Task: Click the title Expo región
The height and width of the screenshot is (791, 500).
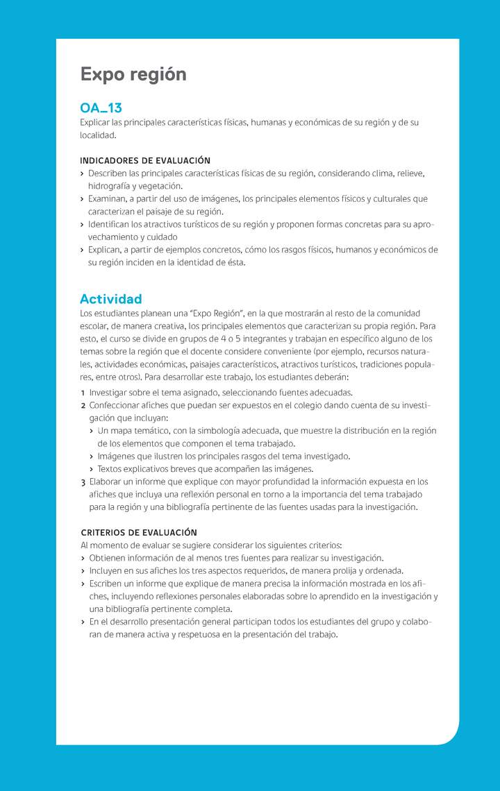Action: (133, 74)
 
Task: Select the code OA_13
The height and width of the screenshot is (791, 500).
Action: (101, 108)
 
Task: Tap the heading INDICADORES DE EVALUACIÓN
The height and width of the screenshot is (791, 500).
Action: (145, 160)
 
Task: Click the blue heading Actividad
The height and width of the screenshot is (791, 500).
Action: (110, 299)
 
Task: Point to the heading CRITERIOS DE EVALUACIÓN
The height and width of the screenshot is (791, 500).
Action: (139, 532)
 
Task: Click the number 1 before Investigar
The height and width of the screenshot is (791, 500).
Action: (83, 393)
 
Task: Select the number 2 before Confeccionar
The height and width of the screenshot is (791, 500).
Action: (83, 405)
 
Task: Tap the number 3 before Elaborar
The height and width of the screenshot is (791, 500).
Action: (83, 482)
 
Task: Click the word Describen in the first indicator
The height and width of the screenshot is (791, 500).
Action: (108, 173)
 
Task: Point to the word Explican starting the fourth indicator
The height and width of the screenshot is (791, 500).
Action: (106, 250)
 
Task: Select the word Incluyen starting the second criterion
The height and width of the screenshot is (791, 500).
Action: (107, 570)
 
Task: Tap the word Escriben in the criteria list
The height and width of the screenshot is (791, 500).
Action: (108, 584)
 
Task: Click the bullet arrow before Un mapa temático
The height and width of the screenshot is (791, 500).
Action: (92, 431)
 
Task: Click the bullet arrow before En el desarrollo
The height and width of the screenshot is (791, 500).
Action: (83, 622)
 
